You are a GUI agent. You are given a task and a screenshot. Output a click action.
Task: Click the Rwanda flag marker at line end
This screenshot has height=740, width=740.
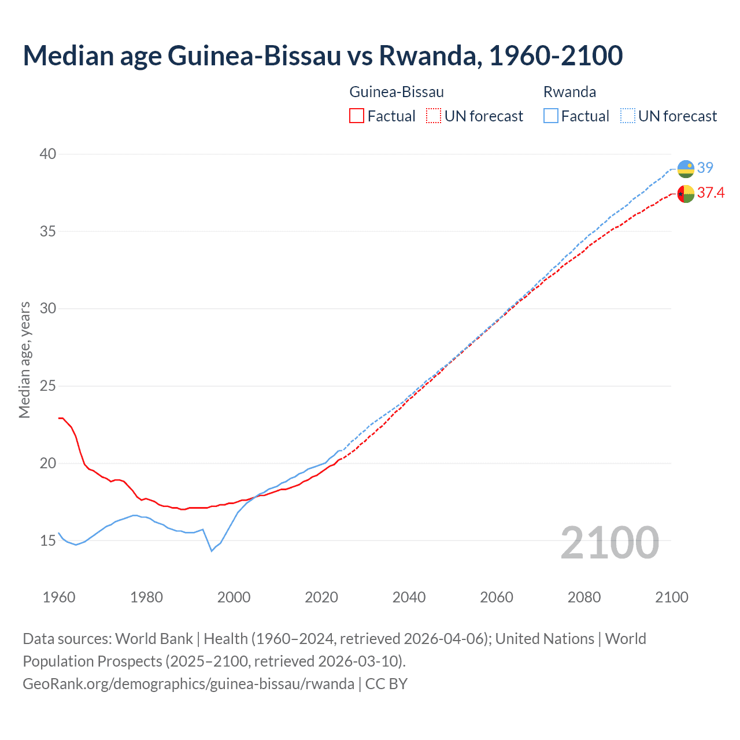click(x=686, y=169)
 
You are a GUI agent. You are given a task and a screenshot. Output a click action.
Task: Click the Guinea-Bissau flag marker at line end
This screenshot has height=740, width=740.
click(x=686, y=194)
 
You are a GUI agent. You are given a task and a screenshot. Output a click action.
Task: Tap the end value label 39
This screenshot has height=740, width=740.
click(x=705, y=168)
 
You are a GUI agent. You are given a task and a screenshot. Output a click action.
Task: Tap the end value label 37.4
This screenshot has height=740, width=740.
click(x=711, y=193)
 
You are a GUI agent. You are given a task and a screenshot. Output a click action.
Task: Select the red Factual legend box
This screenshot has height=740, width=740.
click(x=357, y=116)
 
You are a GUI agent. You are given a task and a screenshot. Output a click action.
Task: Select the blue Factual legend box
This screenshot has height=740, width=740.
click(x=550, y=116)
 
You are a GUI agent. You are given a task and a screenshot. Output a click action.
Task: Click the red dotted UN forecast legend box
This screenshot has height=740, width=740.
click(x=433, y=116)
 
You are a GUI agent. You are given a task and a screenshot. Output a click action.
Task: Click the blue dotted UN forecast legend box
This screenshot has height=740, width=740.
click(x=627, y=116)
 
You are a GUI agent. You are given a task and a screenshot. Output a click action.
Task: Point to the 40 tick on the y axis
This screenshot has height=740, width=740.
click(x=48, y=154)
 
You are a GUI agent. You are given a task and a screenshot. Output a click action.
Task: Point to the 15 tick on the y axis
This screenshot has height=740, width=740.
click(x=48, y=541)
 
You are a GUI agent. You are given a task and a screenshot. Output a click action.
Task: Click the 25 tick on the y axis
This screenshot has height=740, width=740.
click(x=48, y=386)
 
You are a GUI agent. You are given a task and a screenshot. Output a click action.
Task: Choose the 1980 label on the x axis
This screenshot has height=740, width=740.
click(x=146, y=597)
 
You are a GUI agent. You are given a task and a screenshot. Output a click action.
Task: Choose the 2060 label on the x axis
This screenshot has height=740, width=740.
click(x=497, y=597)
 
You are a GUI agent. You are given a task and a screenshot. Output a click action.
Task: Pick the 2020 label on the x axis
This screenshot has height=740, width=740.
click(x=321, y=597)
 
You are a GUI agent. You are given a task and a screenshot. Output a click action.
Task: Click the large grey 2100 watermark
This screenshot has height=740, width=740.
click(x=609, y=542)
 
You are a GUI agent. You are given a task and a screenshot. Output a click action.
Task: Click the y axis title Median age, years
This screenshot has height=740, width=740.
click(x=24, y=360)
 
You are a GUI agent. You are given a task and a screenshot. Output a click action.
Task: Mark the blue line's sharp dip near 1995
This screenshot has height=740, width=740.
click(x=212, y=551)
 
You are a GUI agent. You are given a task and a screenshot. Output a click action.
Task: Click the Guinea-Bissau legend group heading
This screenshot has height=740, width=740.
click(x=397, y=92)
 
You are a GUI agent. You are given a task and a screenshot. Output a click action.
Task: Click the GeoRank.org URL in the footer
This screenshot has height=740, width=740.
click(x=188, y=683)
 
